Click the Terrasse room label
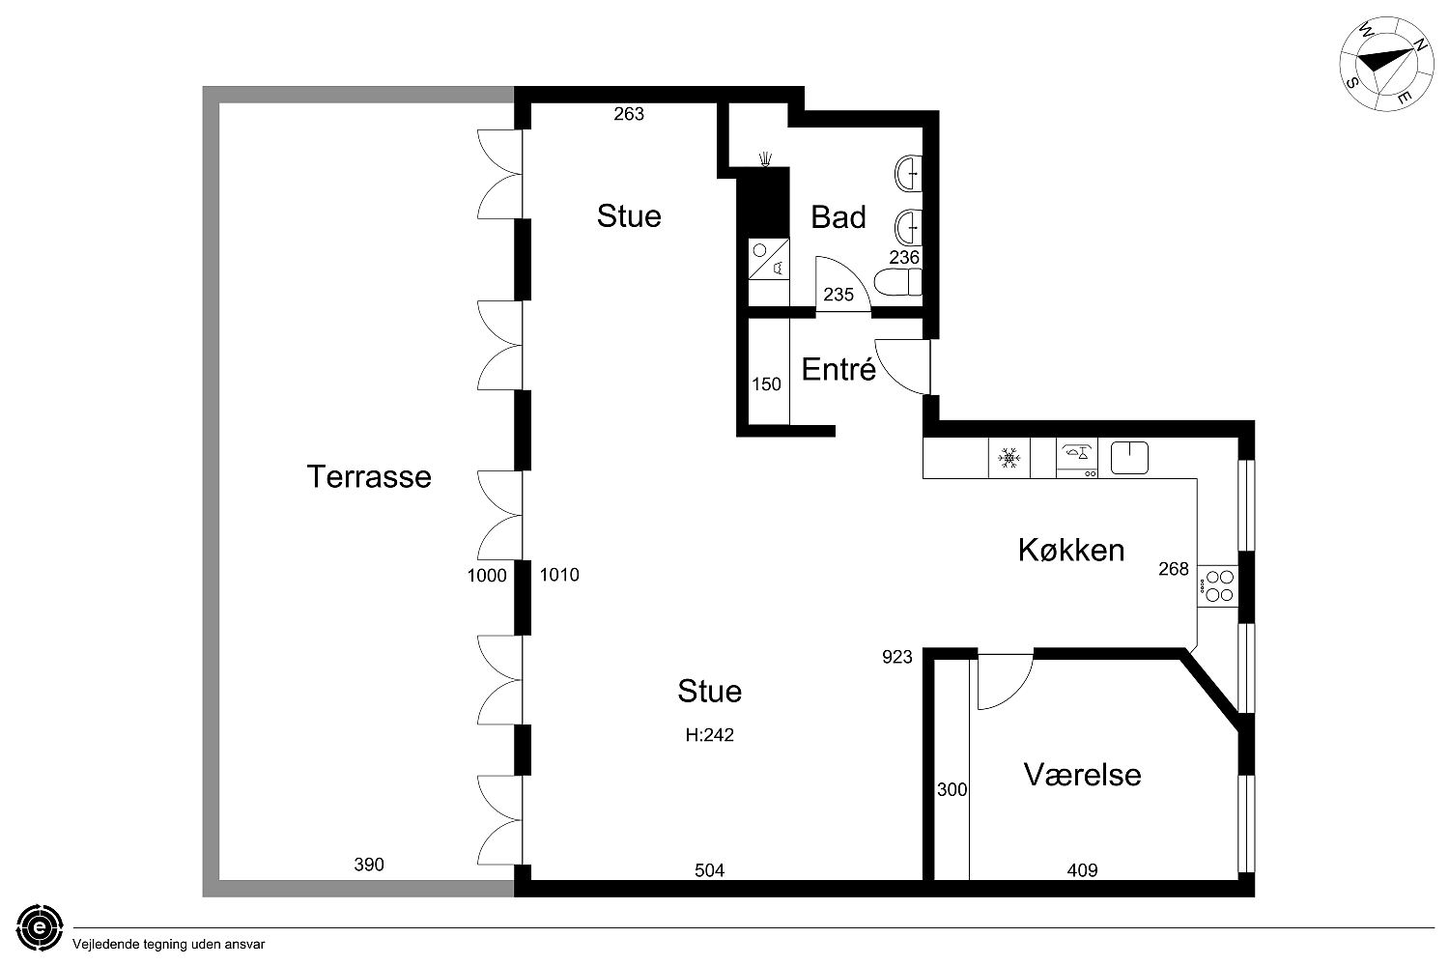click(x=369, y=477)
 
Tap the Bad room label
click(x=838, y=217)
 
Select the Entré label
click(x=838, y=369)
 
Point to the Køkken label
click(x=1071, y=550)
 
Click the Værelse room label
click(x=1082, y=775)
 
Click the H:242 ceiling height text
click(x=710, y=735)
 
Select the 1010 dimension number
click(x=559, y=575)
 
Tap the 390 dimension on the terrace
click(x=369, y=865)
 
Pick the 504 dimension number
click(x=710, y=870)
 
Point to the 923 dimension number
click(x=897, y=657)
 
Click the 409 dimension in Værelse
click(x=1082, y=870)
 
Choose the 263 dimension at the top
click(x=629, y=114)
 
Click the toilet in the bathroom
click(x=897, y=282)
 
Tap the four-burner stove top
click(x=1218, y=586)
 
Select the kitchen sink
click(x=1129, y=458)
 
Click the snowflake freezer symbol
click(x=1009, y=458)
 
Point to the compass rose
click(x=1378, y=64)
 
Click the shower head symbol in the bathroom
click(x=766, y=159)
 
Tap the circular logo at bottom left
click(x=40, y=927)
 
